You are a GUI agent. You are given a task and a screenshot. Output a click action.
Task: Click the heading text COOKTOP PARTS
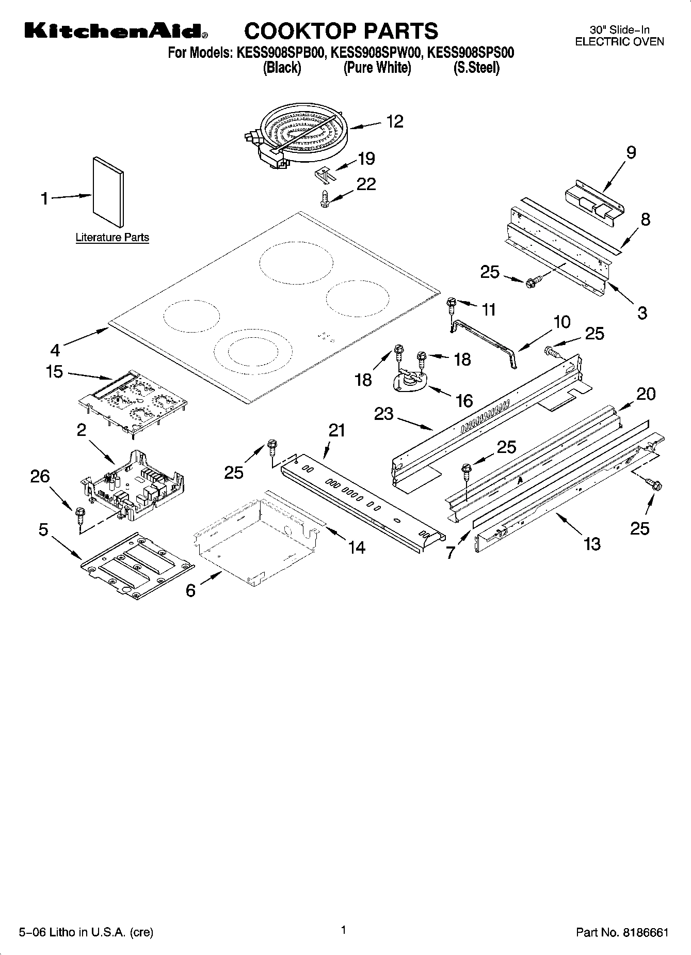pos(341,32)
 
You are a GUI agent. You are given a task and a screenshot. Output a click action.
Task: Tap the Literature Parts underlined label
pos(112,238)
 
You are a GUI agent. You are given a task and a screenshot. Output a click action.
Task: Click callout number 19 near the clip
pos(366,159)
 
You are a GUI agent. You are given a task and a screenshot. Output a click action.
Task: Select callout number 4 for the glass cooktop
pos(55,350)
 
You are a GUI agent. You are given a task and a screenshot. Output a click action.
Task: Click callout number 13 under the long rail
pos(592,543)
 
